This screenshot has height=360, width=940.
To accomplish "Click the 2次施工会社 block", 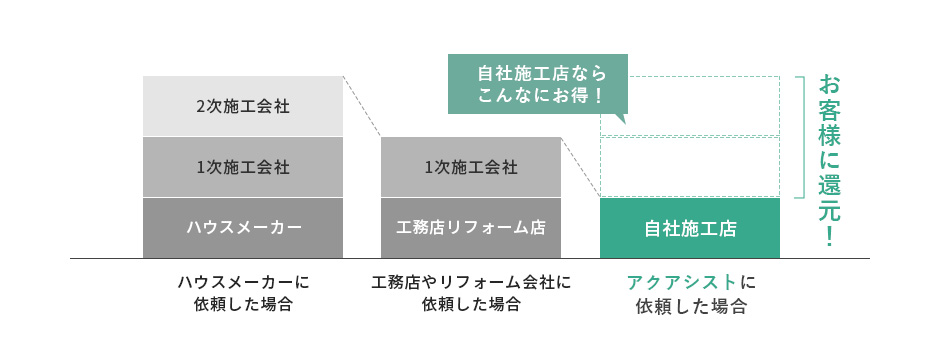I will click(x=242, y=106).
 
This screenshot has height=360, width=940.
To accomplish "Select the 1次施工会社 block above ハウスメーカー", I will click(x=242, y=167).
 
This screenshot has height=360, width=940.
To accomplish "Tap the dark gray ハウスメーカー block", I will click(x=242, y=228).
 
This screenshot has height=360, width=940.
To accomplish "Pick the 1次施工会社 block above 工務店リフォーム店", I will click(x=471, y=167).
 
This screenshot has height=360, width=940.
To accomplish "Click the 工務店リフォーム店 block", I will click(x=471, y=228).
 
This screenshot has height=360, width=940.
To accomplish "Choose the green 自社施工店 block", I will click(x=689, y=229).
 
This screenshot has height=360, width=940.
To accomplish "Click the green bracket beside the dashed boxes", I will click(x=802, y=136).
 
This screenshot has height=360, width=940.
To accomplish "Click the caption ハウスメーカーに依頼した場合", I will click(x=242, y=293).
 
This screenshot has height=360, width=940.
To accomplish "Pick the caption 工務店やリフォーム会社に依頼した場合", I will click(x=471, y=293).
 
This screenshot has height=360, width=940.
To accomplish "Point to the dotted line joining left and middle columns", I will click(x=362, y=107).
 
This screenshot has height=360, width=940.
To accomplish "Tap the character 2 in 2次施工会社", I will click(x=200, y=106).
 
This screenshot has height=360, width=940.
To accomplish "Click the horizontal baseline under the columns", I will click(x=470, y=259).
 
